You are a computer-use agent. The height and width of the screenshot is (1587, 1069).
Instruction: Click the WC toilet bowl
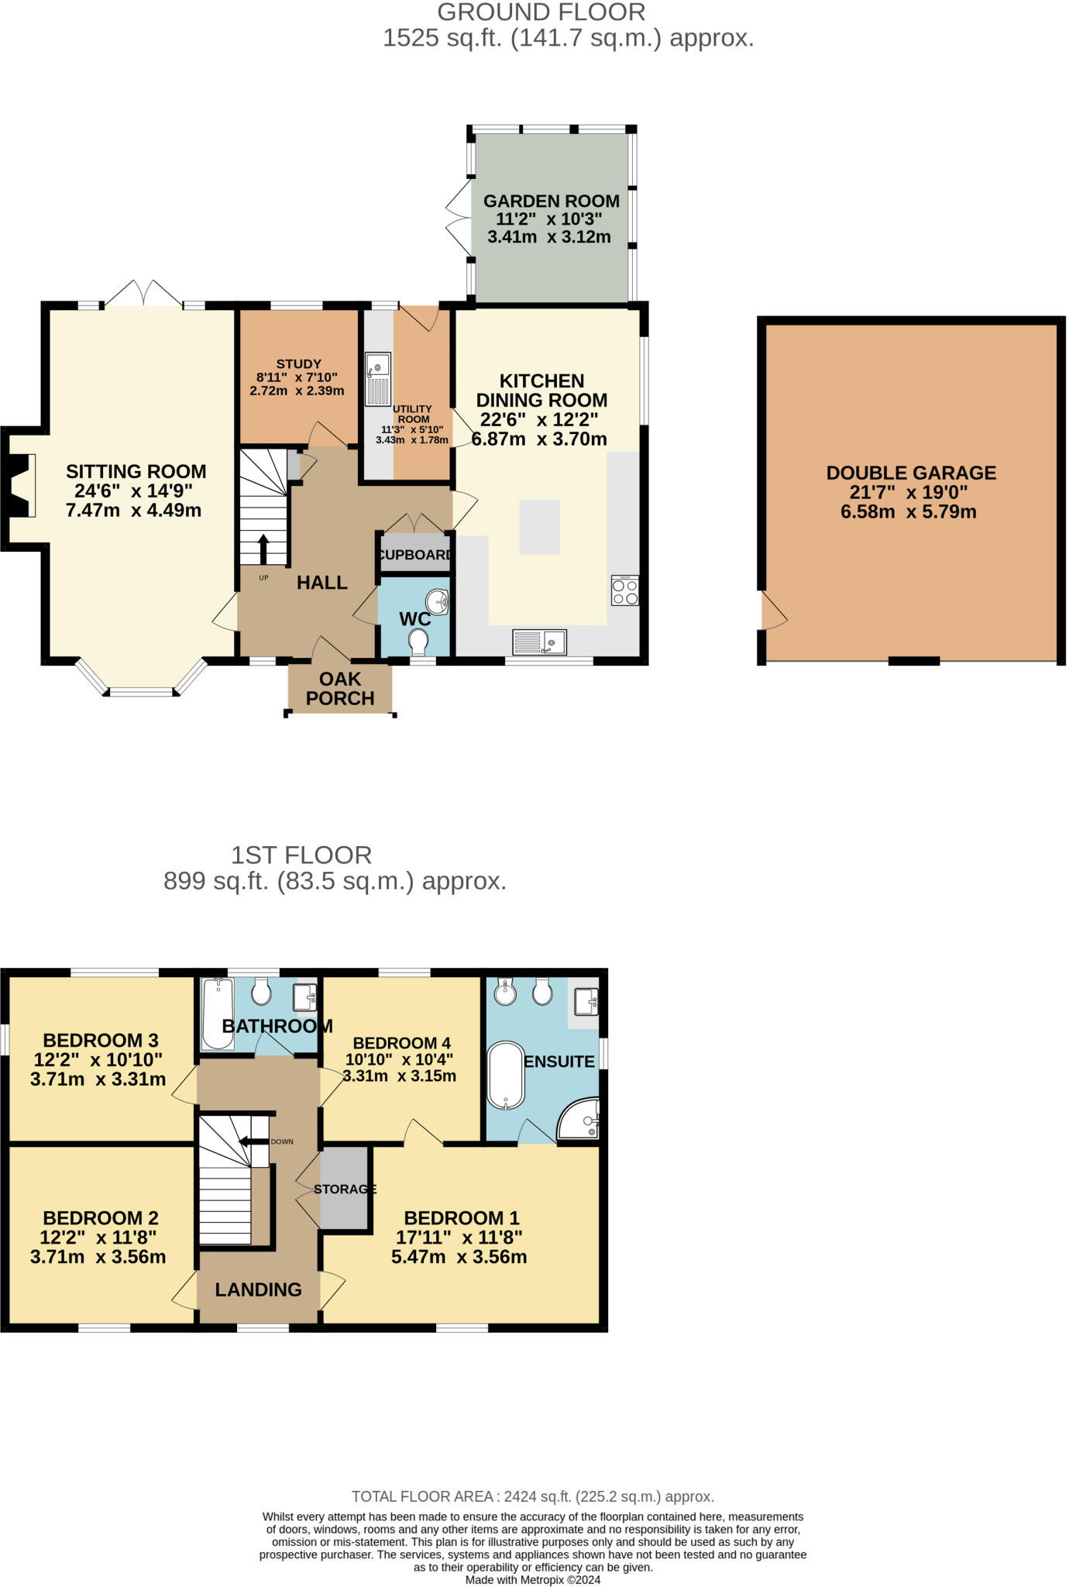click(x=418, y=642)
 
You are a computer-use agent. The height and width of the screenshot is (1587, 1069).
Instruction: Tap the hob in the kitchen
click(x=625, y=590)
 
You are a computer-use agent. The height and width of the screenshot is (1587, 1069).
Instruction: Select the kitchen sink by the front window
click(x=540, y=642)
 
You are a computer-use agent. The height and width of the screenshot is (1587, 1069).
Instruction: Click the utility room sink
click(x=378, y=379)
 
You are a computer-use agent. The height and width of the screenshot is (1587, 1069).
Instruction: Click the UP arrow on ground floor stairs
click(x=263, y=548)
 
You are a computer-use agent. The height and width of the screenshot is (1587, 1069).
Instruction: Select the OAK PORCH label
click(x=340, y=689)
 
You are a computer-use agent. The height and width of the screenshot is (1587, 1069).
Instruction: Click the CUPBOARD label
click(x=416, y=555)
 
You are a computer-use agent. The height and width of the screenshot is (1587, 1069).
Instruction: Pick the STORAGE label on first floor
click(x=345, y=1189)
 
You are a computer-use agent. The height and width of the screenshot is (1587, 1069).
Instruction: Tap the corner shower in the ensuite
click(x=581, y=1119)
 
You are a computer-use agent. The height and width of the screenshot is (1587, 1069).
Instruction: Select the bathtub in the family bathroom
click(x=218, y=1014)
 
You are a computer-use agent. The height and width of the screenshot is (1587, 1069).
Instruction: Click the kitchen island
click(x=539, y=527)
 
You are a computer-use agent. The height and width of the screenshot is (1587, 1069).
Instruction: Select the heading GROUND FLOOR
click(x=541, y=12)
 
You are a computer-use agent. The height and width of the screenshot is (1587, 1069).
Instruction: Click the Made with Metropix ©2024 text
click(x=532, y=1579)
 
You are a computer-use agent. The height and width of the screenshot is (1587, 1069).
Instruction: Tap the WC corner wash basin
click(x=438, y=601)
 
